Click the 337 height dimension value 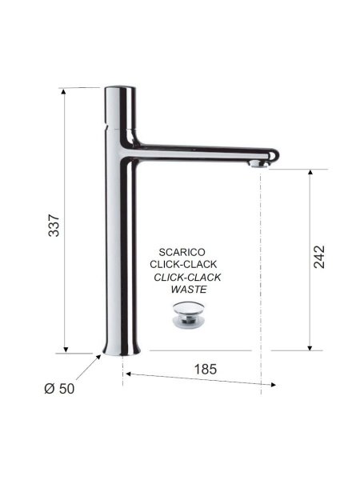click(54, 226)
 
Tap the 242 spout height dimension click(319, 257)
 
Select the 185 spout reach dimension click(206, 369)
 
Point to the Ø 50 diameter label click(59, 389)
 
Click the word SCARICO click(182, 252)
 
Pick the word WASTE click(189, 290)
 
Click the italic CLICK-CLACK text click(187, 277)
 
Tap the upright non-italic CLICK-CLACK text click(183, 265)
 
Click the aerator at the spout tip click(259, 164)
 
